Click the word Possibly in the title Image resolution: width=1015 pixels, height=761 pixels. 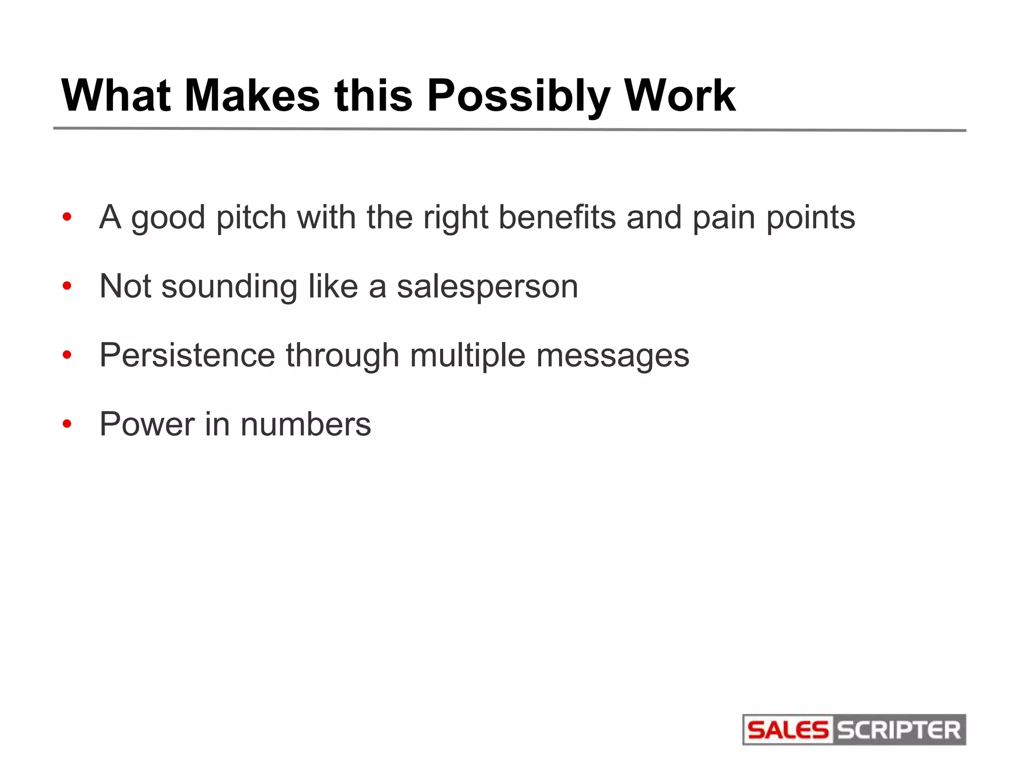click(x=517, y=97)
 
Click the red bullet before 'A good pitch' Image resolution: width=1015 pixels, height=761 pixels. click(x=67, y=217)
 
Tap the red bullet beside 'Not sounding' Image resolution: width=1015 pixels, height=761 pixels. click(x=67, y=286)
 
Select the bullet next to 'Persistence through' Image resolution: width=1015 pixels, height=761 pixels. click(x=67, y=355)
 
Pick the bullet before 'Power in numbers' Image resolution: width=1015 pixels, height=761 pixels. click(x=67, y=424)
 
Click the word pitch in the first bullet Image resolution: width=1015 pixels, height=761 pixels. click(x=251, y=218)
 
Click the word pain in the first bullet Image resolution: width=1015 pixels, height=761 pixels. click(x=724, y=218)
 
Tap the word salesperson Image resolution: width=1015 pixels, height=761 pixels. click(x=487, y=287)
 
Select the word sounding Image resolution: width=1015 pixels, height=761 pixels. click(x=229, y=287)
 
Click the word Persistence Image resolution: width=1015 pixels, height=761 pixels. click(x=187, y=355)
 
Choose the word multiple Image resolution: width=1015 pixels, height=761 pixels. click(x=467, y=356)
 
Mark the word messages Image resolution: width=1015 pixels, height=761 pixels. click(x=613, y=356)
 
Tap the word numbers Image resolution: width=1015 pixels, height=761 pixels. click(x=305, y=424)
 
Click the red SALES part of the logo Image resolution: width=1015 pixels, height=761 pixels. click(x=788, y=730)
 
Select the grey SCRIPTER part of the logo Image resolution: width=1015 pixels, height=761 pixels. click(x=899, y=730)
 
